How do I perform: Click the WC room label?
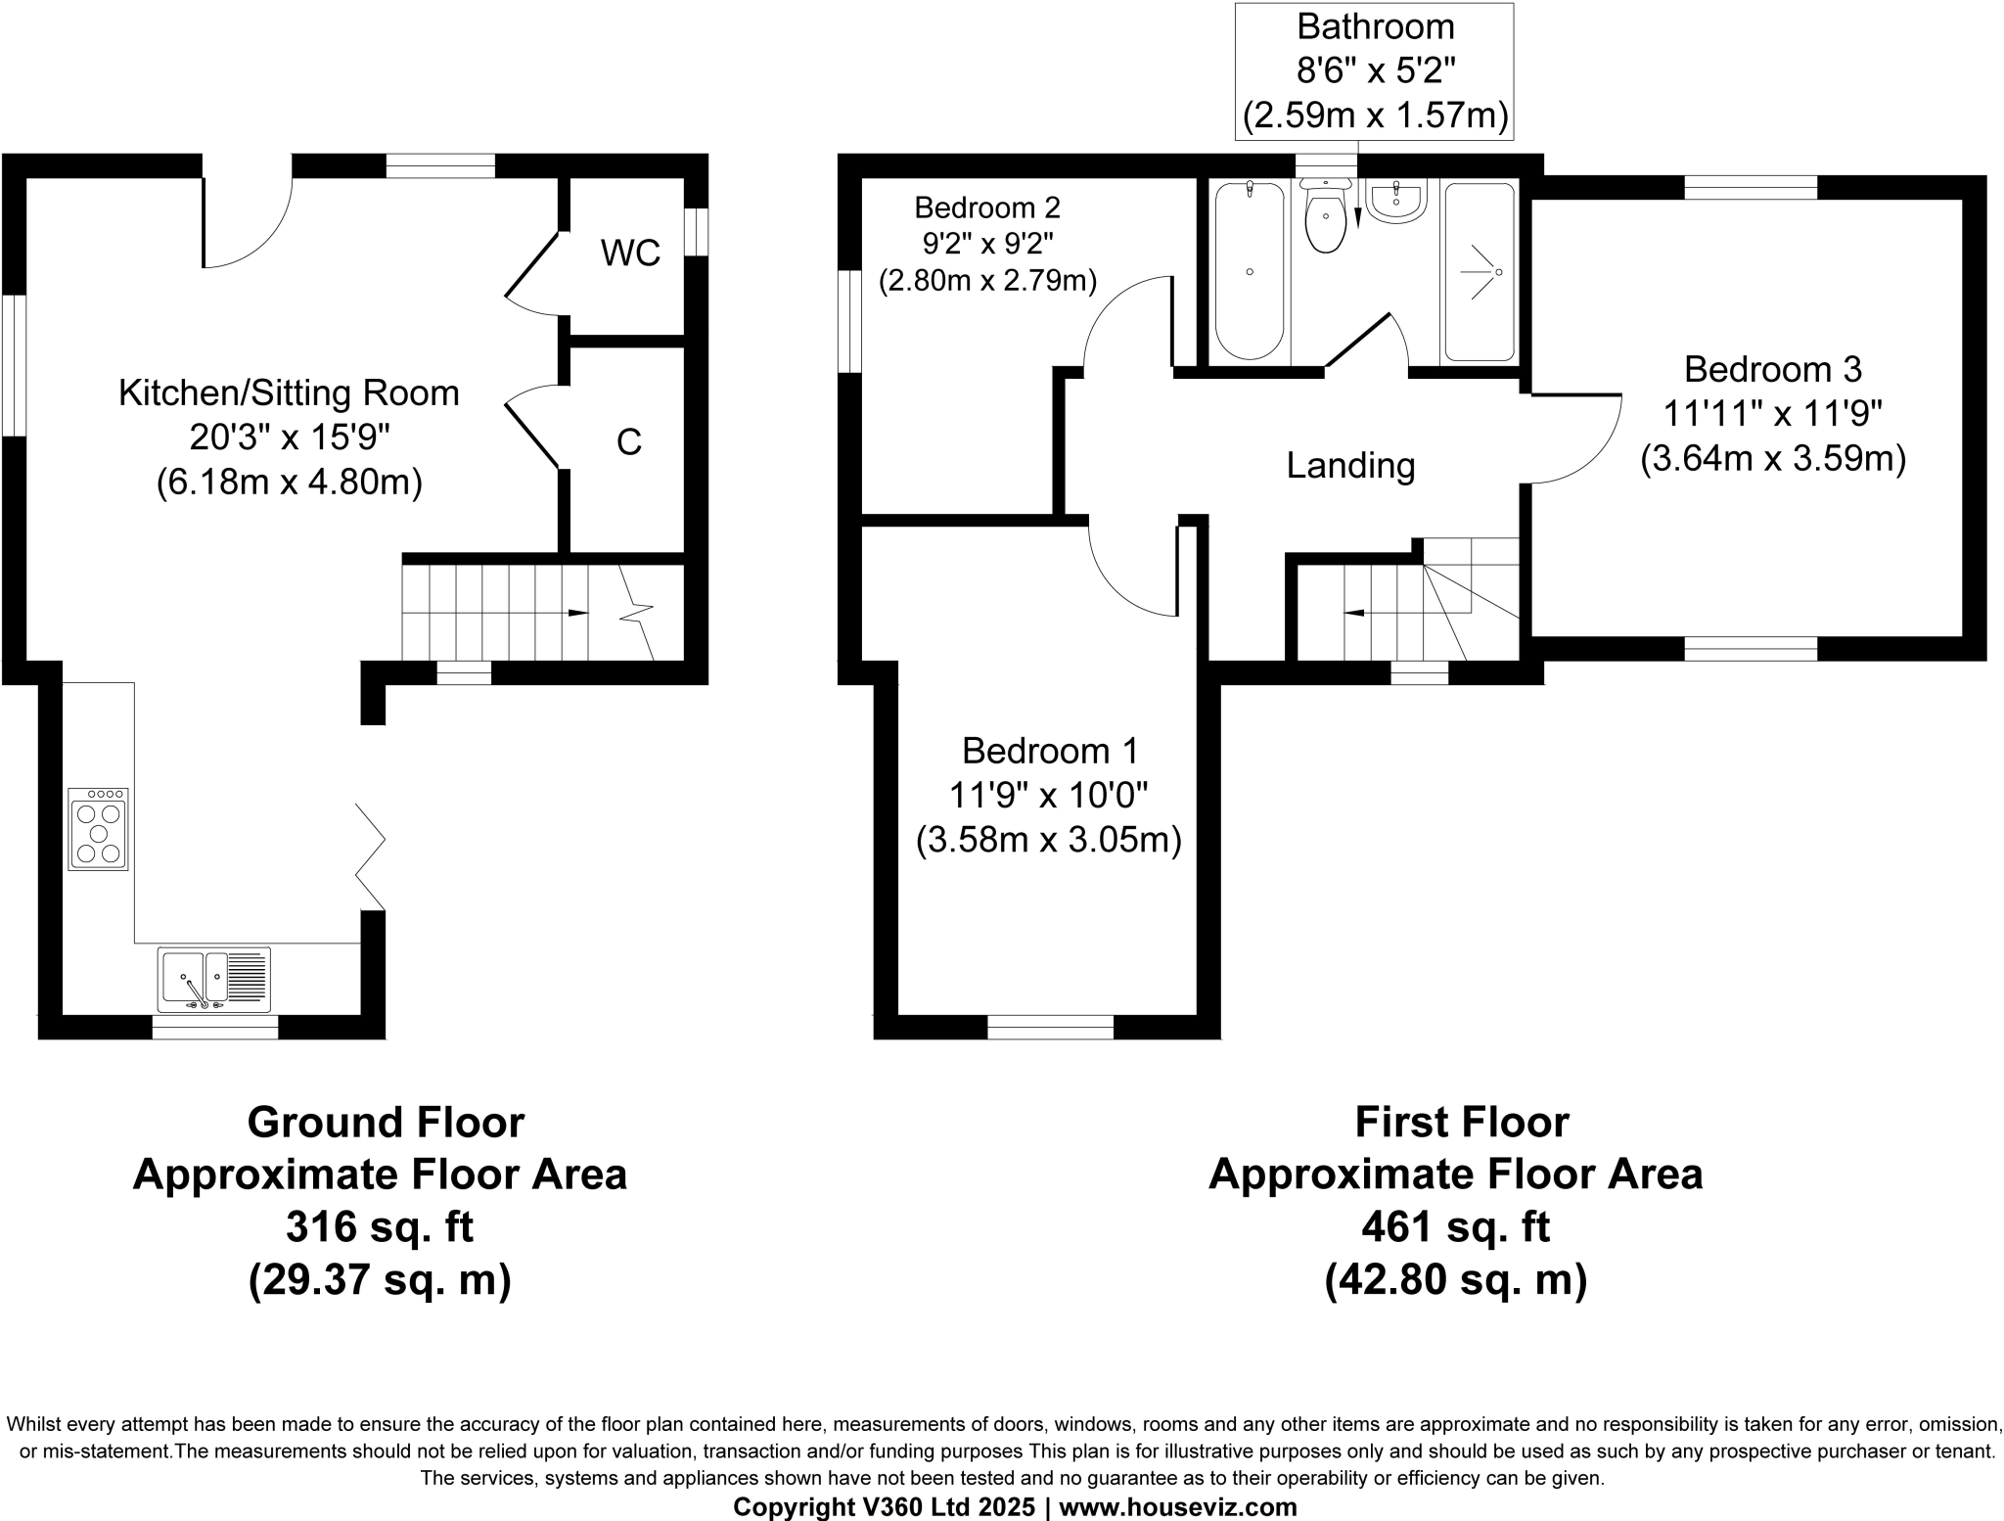click(630, 253)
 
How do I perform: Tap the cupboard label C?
click(628, 442)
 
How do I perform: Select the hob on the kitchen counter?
click(98, 829)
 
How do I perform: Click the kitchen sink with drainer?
click(213, 979)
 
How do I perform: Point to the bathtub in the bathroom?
click(1250, 271)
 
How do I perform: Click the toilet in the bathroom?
click(1326, 220)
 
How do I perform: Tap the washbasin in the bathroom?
click(1396, 203)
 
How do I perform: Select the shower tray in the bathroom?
click(1479, 271)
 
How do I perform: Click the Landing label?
click(1350, 466)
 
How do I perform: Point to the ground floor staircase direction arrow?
click(577, 613)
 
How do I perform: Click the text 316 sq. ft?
click(380, 1227)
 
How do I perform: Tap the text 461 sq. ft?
click(1455, 1227)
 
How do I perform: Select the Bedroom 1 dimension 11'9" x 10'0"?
click(1048, 796)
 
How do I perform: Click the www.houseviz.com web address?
click(1177, 1507)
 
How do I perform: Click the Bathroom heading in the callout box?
click(1374, 26)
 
